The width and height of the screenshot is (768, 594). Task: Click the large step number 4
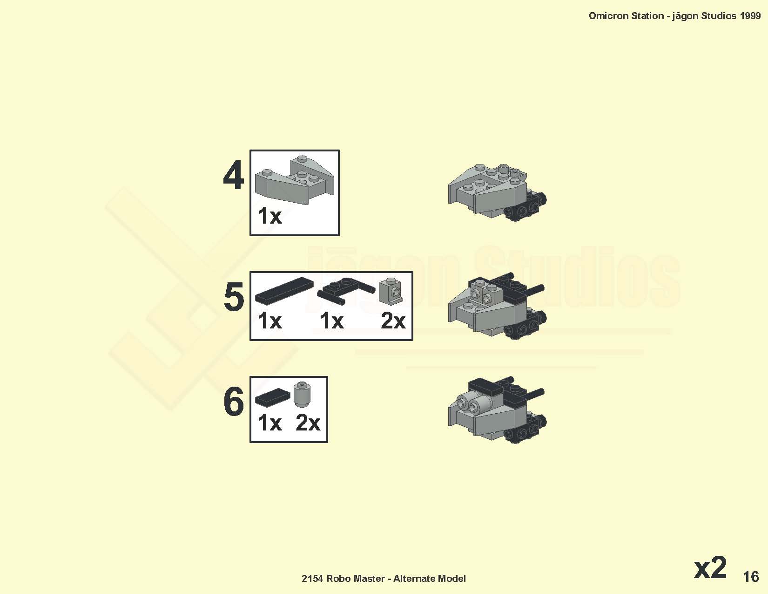233,175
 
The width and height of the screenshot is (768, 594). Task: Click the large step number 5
234,297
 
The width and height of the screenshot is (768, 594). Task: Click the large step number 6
234,401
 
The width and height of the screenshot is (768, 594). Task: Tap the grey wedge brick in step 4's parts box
294,180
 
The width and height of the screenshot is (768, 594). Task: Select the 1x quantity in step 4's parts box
269,216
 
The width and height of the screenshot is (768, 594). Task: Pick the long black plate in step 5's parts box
284,291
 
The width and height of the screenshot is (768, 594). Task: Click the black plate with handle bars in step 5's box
346,291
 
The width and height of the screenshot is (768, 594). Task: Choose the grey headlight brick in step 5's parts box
391,291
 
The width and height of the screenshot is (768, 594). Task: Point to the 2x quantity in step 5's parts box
393,321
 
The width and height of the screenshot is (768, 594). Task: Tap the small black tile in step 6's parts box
272,397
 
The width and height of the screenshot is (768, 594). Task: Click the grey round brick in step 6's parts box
302,394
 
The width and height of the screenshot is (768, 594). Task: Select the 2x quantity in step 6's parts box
308,423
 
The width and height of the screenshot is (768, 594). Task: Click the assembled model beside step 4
497,192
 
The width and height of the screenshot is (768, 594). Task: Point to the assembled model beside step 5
497,306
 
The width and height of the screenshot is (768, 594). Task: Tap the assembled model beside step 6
497,410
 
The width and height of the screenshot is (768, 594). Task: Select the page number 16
751,577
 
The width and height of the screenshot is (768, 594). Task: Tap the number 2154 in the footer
312,579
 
